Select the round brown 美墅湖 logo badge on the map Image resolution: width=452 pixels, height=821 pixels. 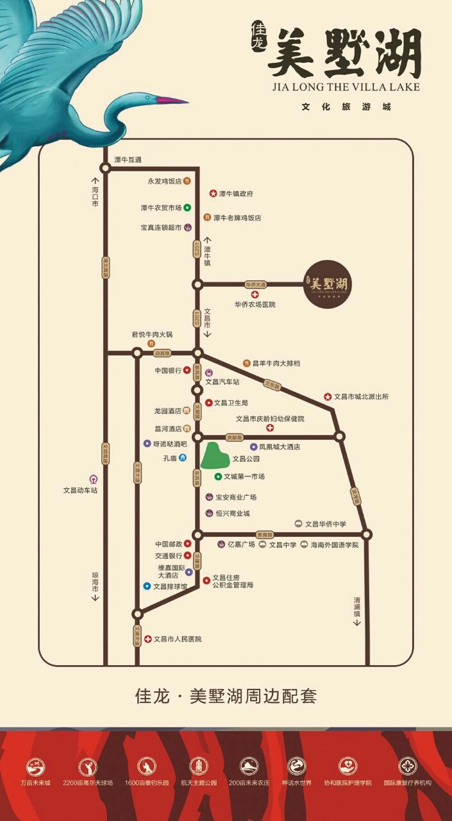327,284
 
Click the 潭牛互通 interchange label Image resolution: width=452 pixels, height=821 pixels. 128,159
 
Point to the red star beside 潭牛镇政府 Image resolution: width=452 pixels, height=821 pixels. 213,193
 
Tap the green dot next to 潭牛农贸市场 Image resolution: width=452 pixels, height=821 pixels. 187,207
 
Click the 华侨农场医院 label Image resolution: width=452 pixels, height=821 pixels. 255,305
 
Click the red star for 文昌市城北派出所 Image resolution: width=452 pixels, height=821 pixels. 328,397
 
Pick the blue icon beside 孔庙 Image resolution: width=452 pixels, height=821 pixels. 183,458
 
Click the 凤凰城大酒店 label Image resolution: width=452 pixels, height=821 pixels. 279,446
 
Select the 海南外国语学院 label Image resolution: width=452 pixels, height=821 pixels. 334,545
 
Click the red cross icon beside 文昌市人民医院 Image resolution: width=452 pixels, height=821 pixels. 147,639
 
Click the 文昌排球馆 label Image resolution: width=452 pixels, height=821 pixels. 170,586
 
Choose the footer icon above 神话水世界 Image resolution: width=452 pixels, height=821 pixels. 296,766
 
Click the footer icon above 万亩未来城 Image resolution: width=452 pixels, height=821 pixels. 35,766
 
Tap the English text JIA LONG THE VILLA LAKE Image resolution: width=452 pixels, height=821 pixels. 346,87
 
